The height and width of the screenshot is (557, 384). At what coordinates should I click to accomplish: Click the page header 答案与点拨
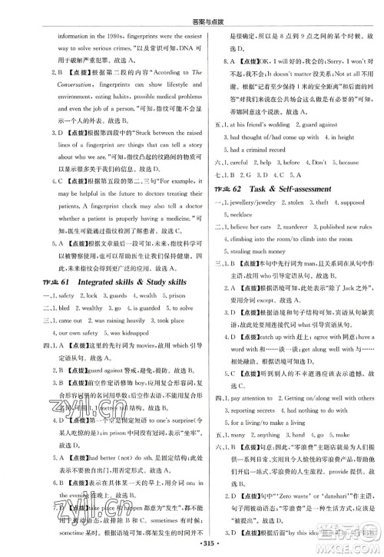[x=192, y=9]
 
